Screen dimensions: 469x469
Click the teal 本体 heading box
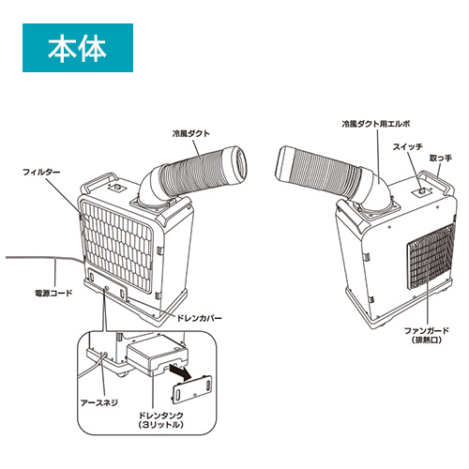coord(78,48)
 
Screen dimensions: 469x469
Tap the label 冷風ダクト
coord(190,134)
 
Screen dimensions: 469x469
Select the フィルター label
coord(41,173)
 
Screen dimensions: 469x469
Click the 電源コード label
coord(53,294)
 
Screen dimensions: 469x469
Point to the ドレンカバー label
coord(199,318)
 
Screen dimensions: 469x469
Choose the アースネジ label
coord(99,402)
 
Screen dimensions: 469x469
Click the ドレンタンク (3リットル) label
coord(160,420)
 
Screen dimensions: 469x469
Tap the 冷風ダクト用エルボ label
coord(376,124)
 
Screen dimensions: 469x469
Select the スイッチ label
coord(407,147)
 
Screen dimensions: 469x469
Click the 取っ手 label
coord(440,159)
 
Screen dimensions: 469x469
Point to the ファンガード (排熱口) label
coord(427,335)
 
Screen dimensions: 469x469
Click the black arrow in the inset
coord(180,372)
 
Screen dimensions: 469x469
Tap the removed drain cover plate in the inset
coord(192,390)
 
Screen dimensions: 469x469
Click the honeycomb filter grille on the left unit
coord(116,245)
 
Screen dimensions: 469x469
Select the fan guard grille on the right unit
coord(431,256)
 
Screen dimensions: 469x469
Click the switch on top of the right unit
coord(422,190)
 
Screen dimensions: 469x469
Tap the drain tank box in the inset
coord(157,356)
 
